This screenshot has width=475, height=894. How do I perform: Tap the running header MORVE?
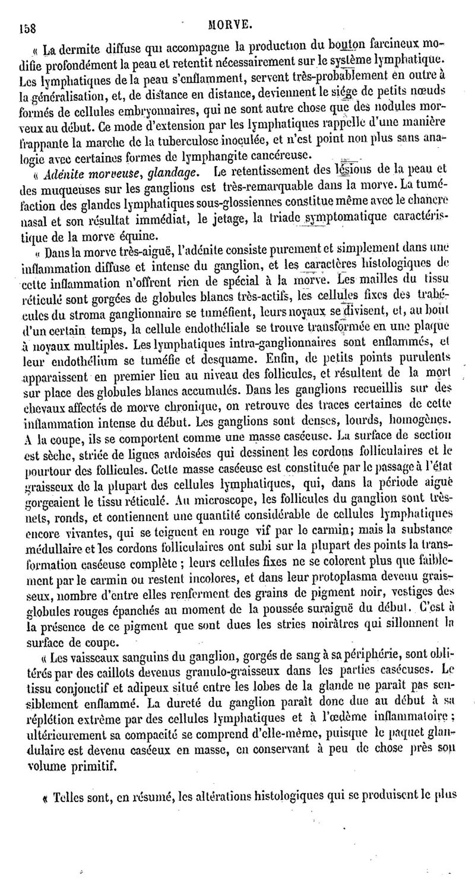[x=236, y=24]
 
